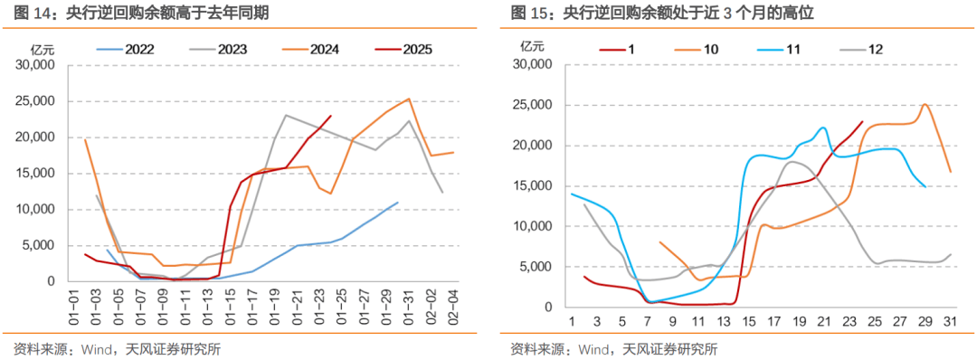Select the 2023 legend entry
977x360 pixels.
point(238,50)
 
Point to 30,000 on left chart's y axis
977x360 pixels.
point(35,65)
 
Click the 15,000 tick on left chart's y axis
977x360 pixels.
point(35,173)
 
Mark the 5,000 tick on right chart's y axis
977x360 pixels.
point(537,267)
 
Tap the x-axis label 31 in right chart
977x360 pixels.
point(949,321)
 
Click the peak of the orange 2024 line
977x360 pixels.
point(409,99)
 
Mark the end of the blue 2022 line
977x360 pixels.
point(397,203)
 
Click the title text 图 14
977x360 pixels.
point(27,14)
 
